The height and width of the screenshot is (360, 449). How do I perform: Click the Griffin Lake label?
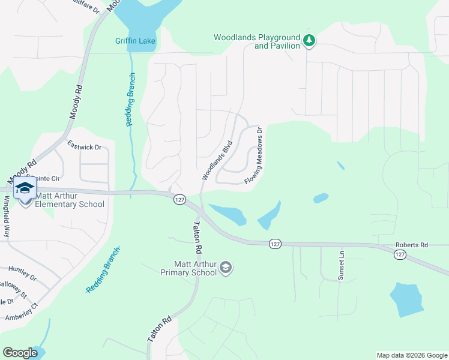coord(136,41)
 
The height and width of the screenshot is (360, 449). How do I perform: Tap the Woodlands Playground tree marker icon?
coord(309,41)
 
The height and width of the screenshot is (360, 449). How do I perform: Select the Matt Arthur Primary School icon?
coord(226,268)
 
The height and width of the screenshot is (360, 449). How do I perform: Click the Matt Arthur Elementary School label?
coord(70,200)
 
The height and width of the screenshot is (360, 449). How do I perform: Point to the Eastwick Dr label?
coord(84,146)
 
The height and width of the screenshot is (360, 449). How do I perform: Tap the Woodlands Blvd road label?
coord(217,160)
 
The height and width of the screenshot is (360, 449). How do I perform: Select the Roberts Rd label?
coord(411,245)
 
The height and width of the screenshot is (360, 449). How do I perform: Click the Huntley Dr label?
coord(23,273)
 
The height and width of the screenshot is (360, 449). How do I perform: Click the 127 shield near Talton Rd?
coord(179,199)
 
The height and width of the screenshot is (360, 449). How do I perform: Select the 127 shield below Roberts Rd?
coord(400,255)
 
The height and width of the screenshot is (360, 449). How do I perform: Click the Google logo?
coord(20,353)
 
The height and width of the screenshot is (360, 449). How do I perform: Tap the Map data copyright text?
coord(411,355)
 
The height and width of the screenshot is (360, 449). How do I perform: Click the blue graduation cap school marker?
coord(25,188)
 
